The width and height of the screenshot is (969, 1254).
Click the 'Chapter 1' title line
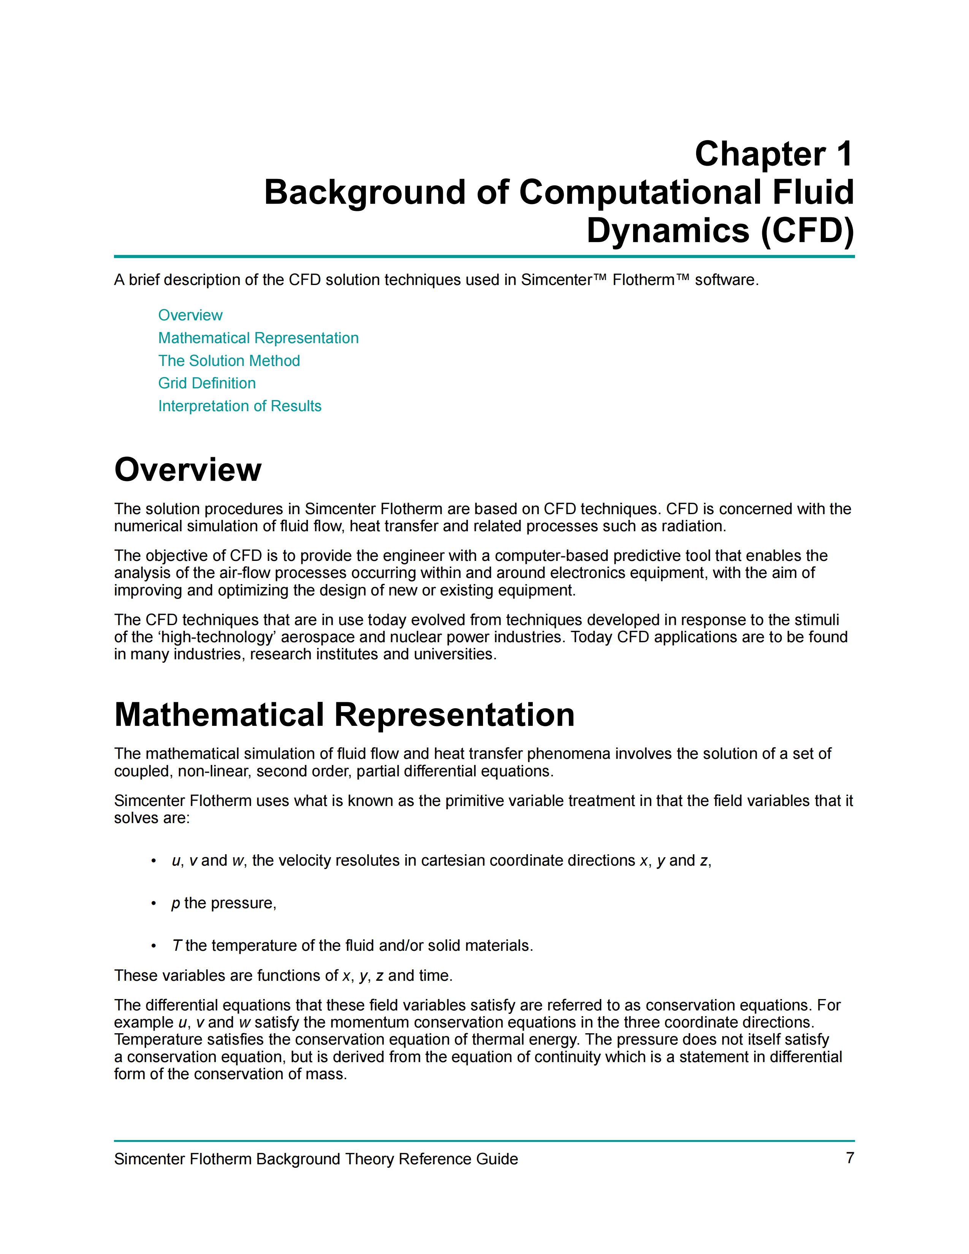click(774, 154)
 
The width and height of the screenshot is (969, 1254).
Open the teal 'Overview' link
click(190, 315)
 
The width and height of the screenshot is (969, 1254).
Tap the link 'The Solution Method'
click(229, 361)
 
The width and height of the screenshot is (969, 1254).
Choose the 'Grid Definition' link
click(207, 383)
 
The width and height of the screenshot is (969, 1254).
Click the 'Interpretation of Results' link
click(239, 406)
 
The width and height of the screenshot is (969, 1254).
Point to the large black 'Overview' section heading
click(188, 470)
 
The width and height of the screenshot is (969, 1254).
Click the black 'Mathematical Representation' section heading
click(344, 715)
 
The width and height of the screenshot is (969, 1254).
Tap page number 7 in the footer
click(850, 1158)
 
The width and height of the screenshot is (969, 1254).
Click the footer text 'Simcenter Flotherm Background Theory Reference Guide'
click(316, 1159)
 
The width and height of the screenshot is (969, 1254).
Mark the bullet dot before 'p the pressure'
click(153, 904)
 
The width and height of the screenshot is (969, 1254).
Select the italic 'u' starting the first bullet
click(176, 861)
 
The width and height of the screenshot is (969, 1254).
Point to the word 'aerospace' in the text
click(314, 637)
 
